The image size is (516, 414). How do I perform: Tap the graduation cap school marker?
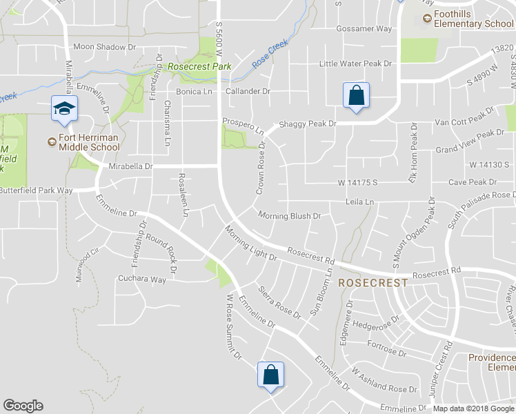tap(64, 109)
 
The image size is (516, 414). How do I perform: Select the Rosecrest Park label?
tap(199, 67)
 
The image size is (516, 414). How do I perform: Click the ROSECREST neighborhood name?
tap(373, 283)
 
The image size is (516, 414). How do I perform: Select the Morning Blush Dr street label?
tap(290, 216)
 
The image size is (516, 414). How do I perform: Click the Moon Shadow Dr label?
tap(105, 47)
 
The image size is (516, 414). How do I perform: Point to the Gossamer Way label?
tap(364, 29)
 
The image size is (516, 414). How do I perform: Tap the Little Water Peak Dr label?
tap(355, 63)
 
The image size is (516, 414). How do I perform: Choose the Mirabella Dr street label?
tap(130, 166)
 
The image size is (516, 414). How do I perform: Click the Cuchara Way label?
tap(141, 279)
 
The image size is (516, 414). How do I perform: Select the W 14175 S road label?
tap(357, 183)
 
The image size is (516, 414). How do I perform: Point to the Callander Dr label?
tap(248, 91)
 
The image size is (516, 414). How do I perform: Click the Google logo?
tap(23, 406)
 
